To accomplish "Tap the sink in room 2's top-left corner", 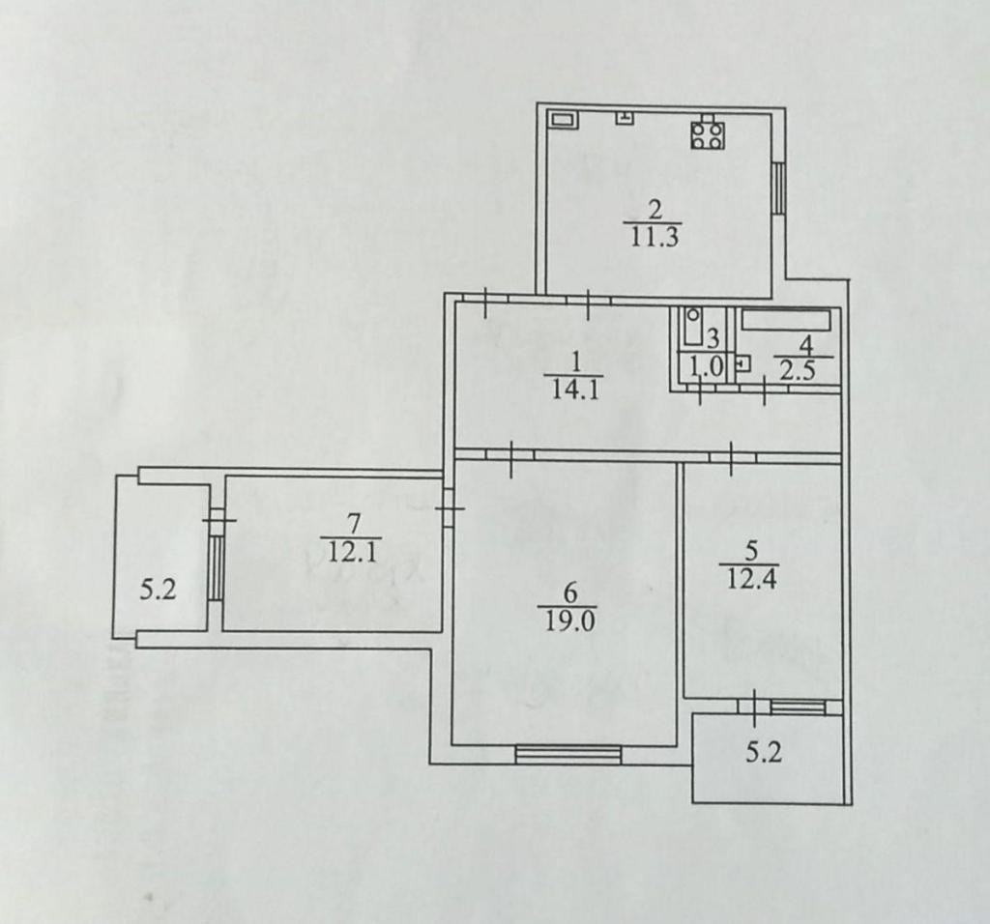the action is click(x=562, y=120).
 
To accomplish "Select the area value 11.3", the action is click(x=654, y=238).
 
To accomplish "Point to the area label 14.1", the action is click(x=575, y=389).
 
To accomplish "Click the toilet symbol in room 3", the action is click(x=692, y=327).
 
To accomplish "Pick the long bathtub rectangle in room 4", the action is click(x=786, y=320).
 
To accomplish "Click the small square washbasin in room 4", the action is click(x=743, y=364).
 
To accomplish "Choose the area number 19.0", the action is click(x=568, y=621).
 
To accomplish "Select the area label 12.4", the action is click(x=751, y=578).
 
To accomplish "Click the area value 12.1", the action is click(x=352, y=553).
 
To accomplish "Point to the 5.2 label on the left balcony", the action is click(x=158, y=591).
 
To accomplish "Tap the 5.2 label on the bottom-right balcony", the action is click(x=764, y=752).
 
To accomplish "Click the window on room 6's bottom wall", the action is click(x=568, y=754).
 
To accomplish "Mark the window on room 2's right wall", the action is click(x=779, y=187).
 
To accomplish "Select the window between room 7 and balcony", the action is click(x=216, y=567).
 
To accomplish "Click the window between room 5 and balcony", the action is click(x=798, y=707).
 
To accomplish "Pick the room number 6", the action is click(x=569, y=593).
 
